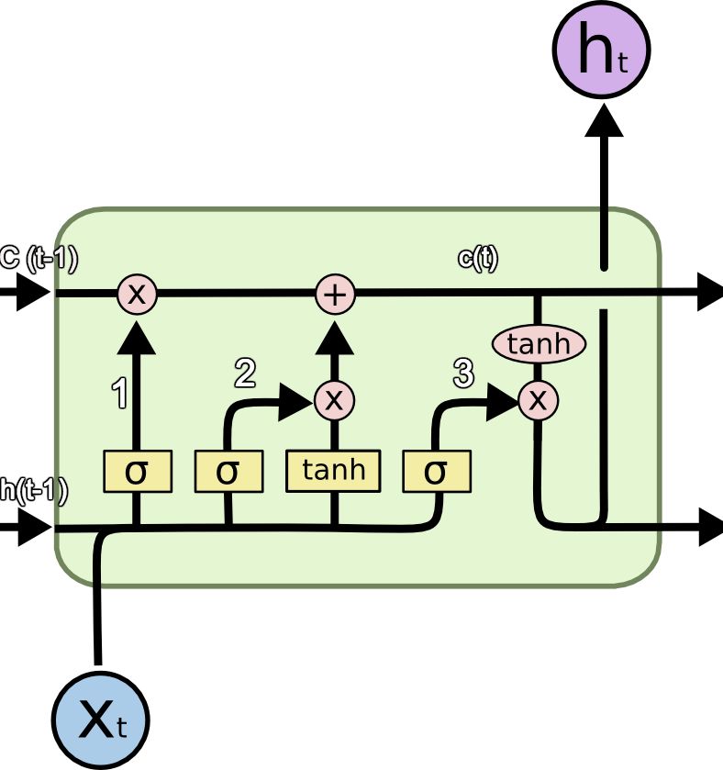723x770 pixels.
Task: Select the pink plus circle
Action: pyautogui.click(x=335, y=295)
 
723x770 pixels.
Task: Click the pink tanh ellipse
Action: pyautogui.click(x=539, y=344)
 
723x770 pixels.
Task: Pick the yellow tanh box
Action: pyautogui.click(x=333, y=471)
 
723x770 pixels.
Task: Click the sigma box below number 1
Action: pyautogui.click(x=136, y=472)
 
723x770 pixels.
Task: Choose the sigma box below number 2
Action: pyautogui.click(x=228, y=472)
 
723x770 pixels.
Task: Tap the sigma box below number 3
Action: pyautogui.click(x=437, y=472)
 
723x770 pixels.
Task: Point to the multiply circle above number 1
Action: pyautogui.click(x=136, y=295)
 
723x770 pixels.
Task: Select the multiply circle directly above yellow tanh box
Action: pyautogui.click(x=334, y=399)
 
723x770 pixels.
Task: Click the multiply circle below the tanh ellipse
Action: pyautogui.click(x=539, y=399)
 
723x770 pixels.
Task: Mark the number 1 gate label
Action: pyautogui.click(x=118, y=393)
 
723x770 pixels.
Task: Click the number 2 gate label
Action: pyautogui.click(x=244, y=373)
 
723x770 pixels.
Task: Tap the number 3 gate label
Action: pyautogui.click(x=462, y=373)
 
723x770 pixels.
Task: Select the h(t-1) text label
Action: pyautogui.click(x=33, y=491)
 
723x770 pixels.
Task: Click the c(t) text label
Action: pyautogui.click(x=477, y=259)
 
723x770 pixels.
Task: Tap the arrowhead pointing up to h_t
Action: pyautogui.click(x=603, y=119)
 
